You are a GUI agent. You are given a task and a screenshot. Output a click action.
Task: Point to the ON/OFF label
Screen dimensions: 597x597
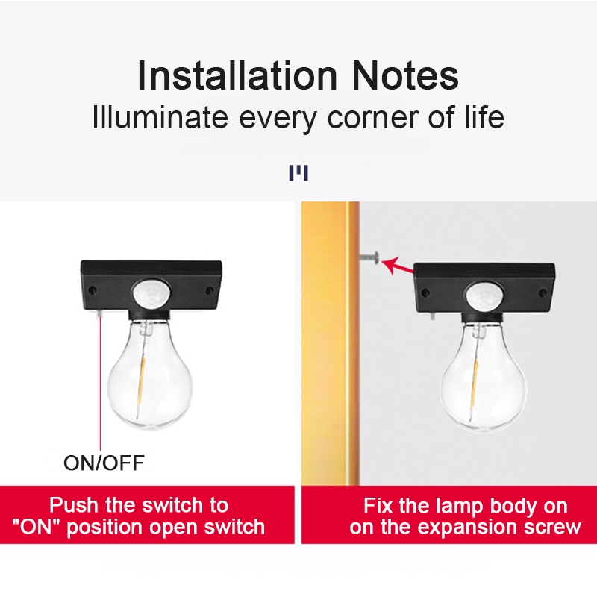coord(104,463)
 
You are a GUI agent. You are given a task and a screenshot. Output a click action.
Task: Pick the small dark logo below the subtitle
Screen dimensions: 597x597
coord(298,174)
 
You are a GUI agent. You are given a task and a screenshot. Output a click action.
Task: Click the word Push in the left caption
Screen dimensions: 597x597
coord(74,505)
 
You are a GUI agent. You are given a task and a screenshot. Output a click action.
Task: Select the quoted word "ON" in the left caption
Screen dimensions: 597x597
coord(37,528)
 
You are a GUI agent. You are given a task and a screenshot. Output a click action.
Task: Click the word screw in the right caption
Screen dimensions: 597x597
coord(552,528)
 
